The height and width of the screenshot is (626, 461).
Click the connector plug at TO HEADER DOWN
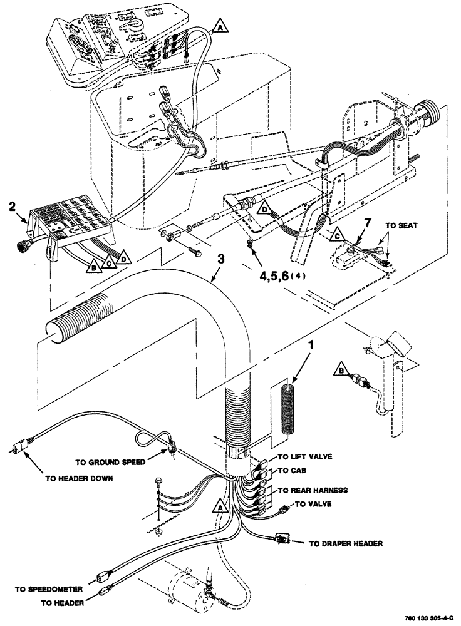pos(19,446)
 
